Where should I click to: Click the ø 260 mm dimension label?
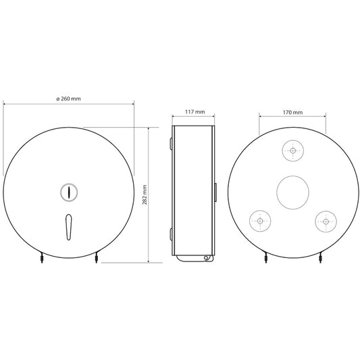[x=69, y=99]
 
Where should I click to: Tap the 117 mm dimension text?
[x=195, y=112]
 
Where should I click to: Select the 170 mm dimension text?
[x=292, y=112]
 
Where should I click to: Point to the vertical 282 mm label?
[x=145, y=195]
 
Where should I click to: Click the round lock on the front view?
[x=69, y=192]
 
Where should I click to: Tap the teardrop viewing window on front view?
[x=69, y=227]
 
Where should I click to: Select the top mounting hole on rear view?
[x=292, y=151]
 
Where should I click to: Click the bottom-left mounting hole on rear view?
[x=260, y=221]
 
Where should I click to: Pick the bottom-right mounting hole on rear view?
[x=326, y=222]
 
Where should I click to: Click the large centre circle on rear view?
[x=292, y=192]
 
